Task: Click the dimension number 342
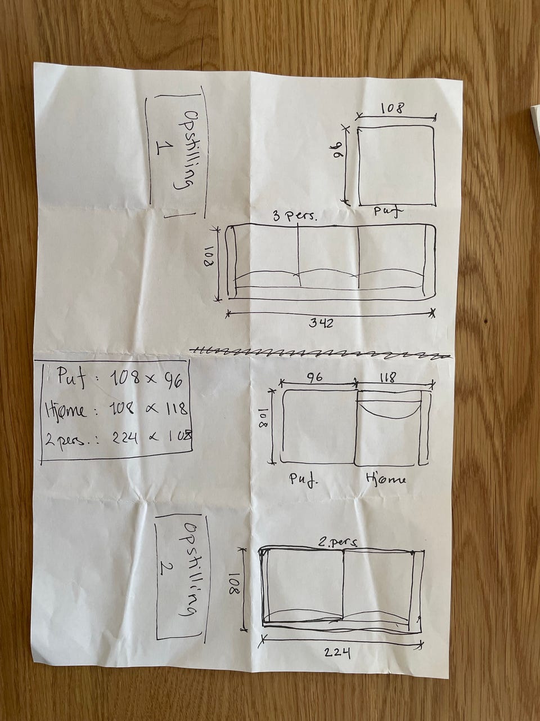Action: [322, 323]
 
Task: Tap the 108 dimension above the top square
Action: [393, 108]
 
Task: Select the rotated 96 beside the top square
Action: [339, 152]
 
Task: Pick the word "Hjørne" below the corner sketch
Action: [386, 480]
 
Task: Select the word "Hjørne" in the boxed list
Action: [66, 411]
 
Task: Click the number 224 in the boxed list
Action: [125, 438]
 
